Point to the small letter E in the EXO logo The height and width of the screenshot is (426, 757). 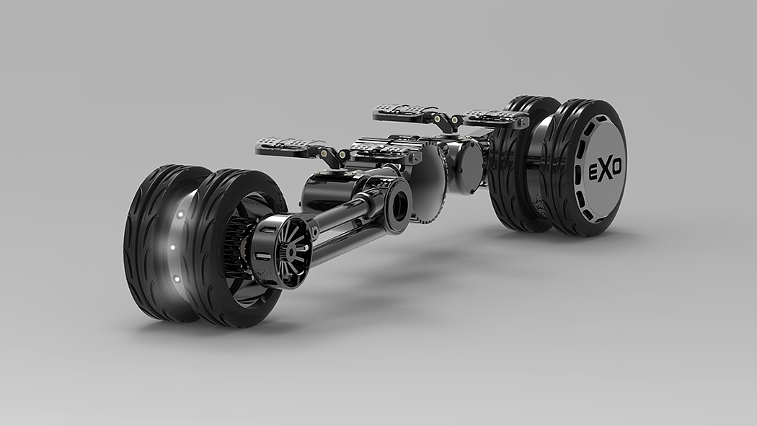tap(593, 173)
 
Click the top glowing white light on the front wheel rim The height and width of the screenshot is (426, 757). tap(180, 214)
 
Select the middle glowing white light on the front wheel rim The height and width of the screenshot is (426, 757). tap(172, 247)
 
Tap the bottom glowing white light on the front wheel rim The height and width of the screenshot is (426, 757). tap(177, 280)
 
